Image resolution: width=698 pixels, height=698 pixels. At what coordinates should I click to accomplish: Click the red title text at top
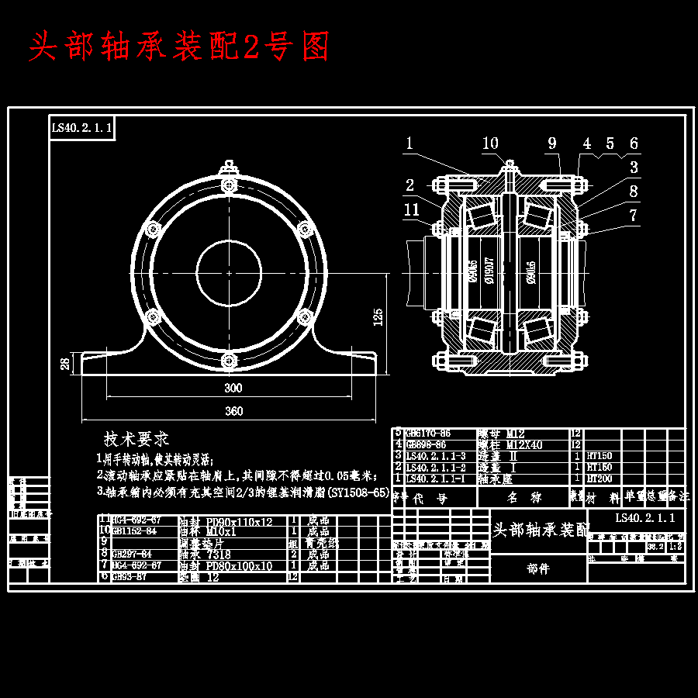(179, 47)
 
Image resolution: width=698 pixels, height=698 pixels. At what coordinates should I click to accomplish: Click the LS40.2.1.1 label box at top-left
(82, 128)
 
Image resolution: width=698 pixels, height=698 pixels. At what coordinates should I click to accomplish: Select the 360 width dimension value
(233, 411)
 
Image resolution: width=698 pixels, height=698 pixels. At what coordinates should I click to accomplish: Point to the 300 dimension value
(233, 387)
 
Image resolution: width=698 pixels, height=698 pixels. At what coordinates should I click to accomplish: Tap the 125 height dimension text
(378, 316)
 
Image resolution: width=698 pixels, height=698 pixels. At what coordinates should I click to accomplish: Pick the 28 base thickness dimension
(66, 362)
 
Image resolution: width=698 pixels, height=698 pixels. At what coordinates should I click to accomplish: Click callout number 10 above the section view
(490, 143)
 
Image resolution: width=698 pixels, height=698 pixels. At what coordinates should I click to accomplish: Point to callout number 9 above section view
(552, 143)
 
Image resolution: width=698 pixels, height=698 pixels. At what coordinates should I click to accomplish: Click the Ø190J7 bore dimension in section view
(489, 271)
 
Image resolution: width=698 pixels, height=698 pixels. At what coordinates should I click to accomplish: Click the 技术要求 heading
(136, 439)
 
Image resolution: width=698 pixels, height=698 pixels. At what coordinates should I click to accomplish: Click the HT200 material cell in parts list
(599, 479)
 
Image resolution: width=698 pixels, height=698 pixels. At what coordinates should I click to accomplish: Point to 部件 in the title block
(538, 568)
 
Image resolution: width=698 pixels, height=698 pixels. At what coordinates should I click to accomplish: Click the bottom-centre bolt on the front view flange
(228, 360)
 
